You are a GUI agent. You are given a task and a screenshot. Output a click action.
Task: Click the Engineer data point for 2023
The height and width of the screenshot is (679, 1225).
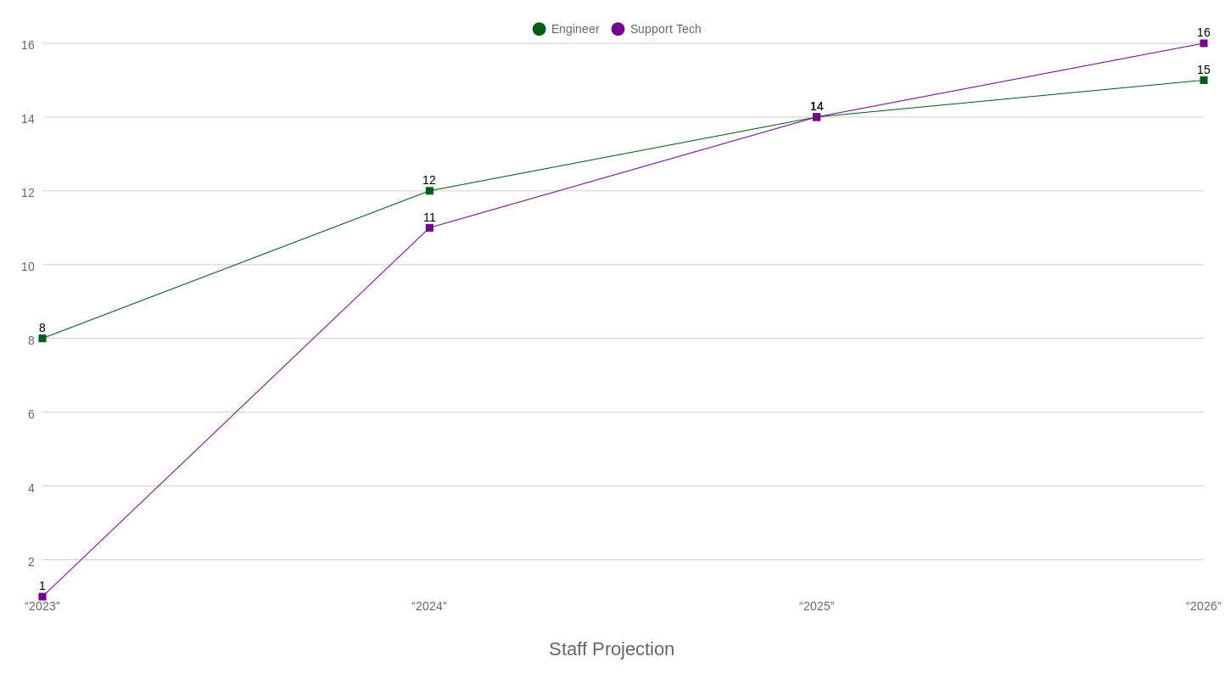pyautogui.click(x=42, y=339)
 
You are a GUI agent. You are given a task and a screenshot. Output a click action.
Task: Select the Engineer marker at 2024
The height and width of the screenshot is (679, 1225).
pyautogui.click(x=429, y=191)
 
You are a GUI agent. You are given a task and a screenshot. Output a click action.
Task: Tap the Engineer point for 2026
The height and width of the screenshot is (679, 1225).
pyautogui.click(x=1204, y=80)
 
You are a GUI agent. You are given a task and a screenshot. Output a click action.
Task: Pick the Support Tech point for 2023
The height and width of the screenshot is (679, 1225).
pyautogui.click(x=42, y=597)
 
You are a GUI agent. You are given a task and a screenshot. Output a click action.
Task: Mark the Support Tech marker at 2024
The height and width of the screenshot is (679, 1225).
pyautogui.click(x=429, y=227)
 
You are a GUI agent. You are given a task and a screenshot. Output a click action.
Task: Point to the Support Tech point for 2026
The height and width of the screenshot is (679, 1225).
pyautogui.click(x=1204, y=43)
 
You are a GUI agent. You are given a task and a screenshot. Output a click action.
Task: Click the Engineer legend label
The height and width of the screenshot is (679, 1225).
pyautogui.click(x=575, y=29)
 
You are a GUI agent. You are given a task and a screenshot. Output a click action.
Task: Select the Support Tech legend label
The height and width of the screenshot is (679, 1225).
pyautogui.click(x=665, y=29)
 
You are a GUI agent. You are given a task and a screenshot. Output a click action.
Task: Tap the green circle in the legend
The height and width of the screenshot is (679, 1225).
pyautogui.click(x=539, y=29)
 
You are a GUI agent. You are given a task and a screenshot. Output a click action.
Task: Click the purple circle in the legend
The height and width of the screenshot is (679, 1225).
pyautogui.click(x=618, y=29)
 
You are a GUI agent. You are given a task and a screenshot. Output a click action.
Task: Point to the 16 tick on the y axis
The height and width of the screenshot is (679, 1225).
pyautogui.click(x=27, y=44)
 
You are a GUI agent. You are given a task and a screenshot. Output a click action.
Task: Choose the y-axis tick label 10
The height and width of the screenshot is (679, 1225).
pyautogui.click(x=27, y=266)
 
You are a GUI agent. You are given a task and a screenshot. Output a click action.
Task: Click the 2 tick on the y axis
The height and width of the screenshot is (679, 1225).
pyautogui.click(x=31, y=561)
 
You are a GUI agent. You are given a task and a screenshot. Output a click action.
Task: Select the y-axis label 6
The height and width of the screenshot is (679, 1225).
pyautogui.click(x=31, y=413)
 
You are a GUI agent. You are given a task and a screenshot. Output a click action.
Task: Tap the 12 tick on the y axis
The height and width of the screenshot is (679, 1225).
pyautogui.click(x=27, y=192)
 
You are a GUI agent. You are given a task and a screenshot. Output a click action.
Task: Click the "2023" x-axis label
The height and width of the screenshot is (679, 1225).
pyautogui.click(x=42, y=606)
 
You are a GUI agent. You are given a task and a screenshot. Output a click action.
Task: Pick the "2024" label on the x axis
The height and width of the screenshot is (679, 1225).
pyautogui.click(x=429, y=606)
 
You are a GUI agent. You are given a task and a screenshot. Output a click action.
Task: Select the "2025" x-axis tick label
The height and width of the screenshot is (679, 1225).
pyautogui.click(x=817, y=606)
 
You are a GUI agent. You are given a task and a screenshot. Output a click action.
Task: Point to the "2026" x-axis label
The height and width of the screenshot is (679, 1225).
pyautogui.click(x=1203, y=606)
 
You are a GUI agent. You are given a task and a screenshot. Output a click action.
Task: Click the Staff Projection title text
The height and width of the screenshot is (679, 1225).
pyautogui.click(x=612, y=649)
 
